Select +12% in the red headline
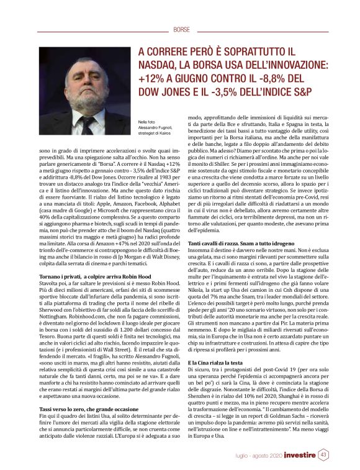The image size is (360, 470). [x=150, y=79]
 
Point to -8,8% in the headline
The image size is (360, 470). [x=284, y=79]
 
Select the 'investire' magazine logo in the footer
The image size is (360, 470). [x=296, y=455]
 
